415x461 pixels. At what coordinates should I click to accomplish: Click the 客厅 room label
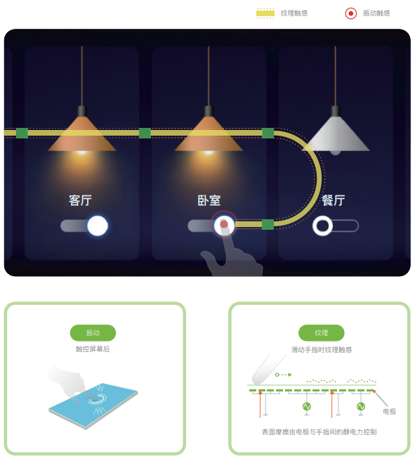coord(80,200)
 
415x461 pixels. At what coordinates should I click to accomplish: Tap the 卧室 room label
coord(209,200)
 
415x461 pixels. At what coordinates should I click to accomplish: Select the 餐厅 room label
coord(334,200)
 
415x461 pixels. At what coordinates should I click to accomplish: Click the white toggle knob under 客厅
coord(98,226)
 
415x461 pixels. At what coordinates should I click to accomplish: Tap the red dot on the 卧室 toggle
coord(224,224)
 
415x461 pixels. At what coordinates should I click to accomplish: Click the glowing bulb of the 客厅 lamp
coord(82,152)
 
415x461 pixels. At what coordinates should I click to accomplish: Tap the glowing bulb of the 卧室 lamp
coord(209,152)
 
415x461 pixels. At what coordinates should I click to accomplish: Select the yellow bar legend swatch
coord(265,13)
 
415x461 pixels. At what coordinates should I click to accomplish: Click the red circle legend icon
coord(350,13)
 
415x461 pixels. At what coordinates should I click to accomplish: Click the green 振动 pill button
coord(93,333)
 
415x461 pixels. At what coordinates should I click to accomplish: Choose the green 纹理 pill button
coord(322,333)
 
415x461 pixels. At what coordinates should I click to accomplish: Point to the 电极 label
coord(390,411)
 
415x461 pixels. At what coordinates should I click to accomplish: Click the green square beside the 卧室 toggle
coord(268,224)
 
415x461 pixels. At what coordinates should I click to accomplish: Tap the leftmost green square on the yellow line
coord(22,133)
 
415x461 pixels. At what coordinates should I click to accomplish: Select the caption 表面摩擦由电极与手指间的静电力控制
coord(320,432)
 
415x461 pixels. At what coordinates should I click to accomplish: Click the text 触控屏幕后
coord(93,349)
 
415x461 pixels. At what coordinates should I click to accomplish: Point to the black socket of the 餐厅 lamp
coord(336,111)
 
